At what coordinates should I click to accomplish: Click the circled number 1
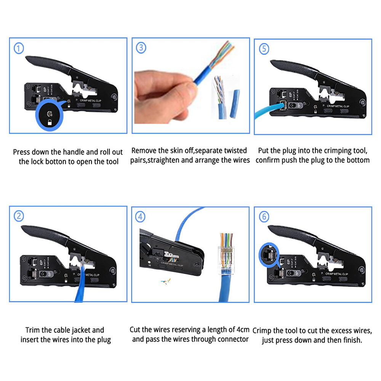(x=19, y=48)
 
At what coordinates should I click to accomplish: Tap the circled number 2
(x=19, y=216)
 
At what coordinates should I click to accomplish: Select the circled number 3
(x=141, y=48)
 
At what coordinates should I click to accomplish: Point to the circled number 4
(x=140, y=217)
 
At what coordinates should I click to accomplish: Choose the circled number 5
(x=264, y=49)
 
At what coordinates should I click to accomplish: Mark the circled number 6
(x=264, y=216)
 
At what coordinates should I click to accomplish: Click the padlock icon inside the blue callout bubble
(x=50, y=122)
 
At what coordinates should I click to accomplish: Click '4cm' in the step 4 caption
(x=243, y=330)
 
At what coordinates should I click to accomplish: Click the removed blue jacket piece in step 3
(x=235, y=104)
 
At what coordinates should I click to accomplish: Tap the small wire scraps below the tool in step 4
(x=166, y=282)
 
